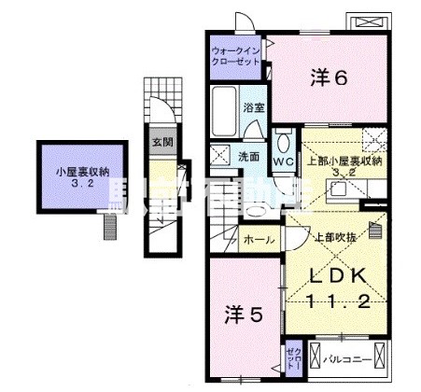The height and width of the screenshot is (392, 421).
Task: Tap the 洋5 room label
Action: tap(242, 314)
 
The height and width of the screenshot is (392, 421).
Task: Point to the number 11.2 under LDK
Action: tap(341, 300)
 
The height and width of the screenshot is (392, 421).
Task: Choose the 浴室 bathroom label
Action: tap(255, 107)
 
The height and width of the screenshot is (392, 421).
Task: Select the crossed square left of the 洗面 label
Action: tap(221, 156)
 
